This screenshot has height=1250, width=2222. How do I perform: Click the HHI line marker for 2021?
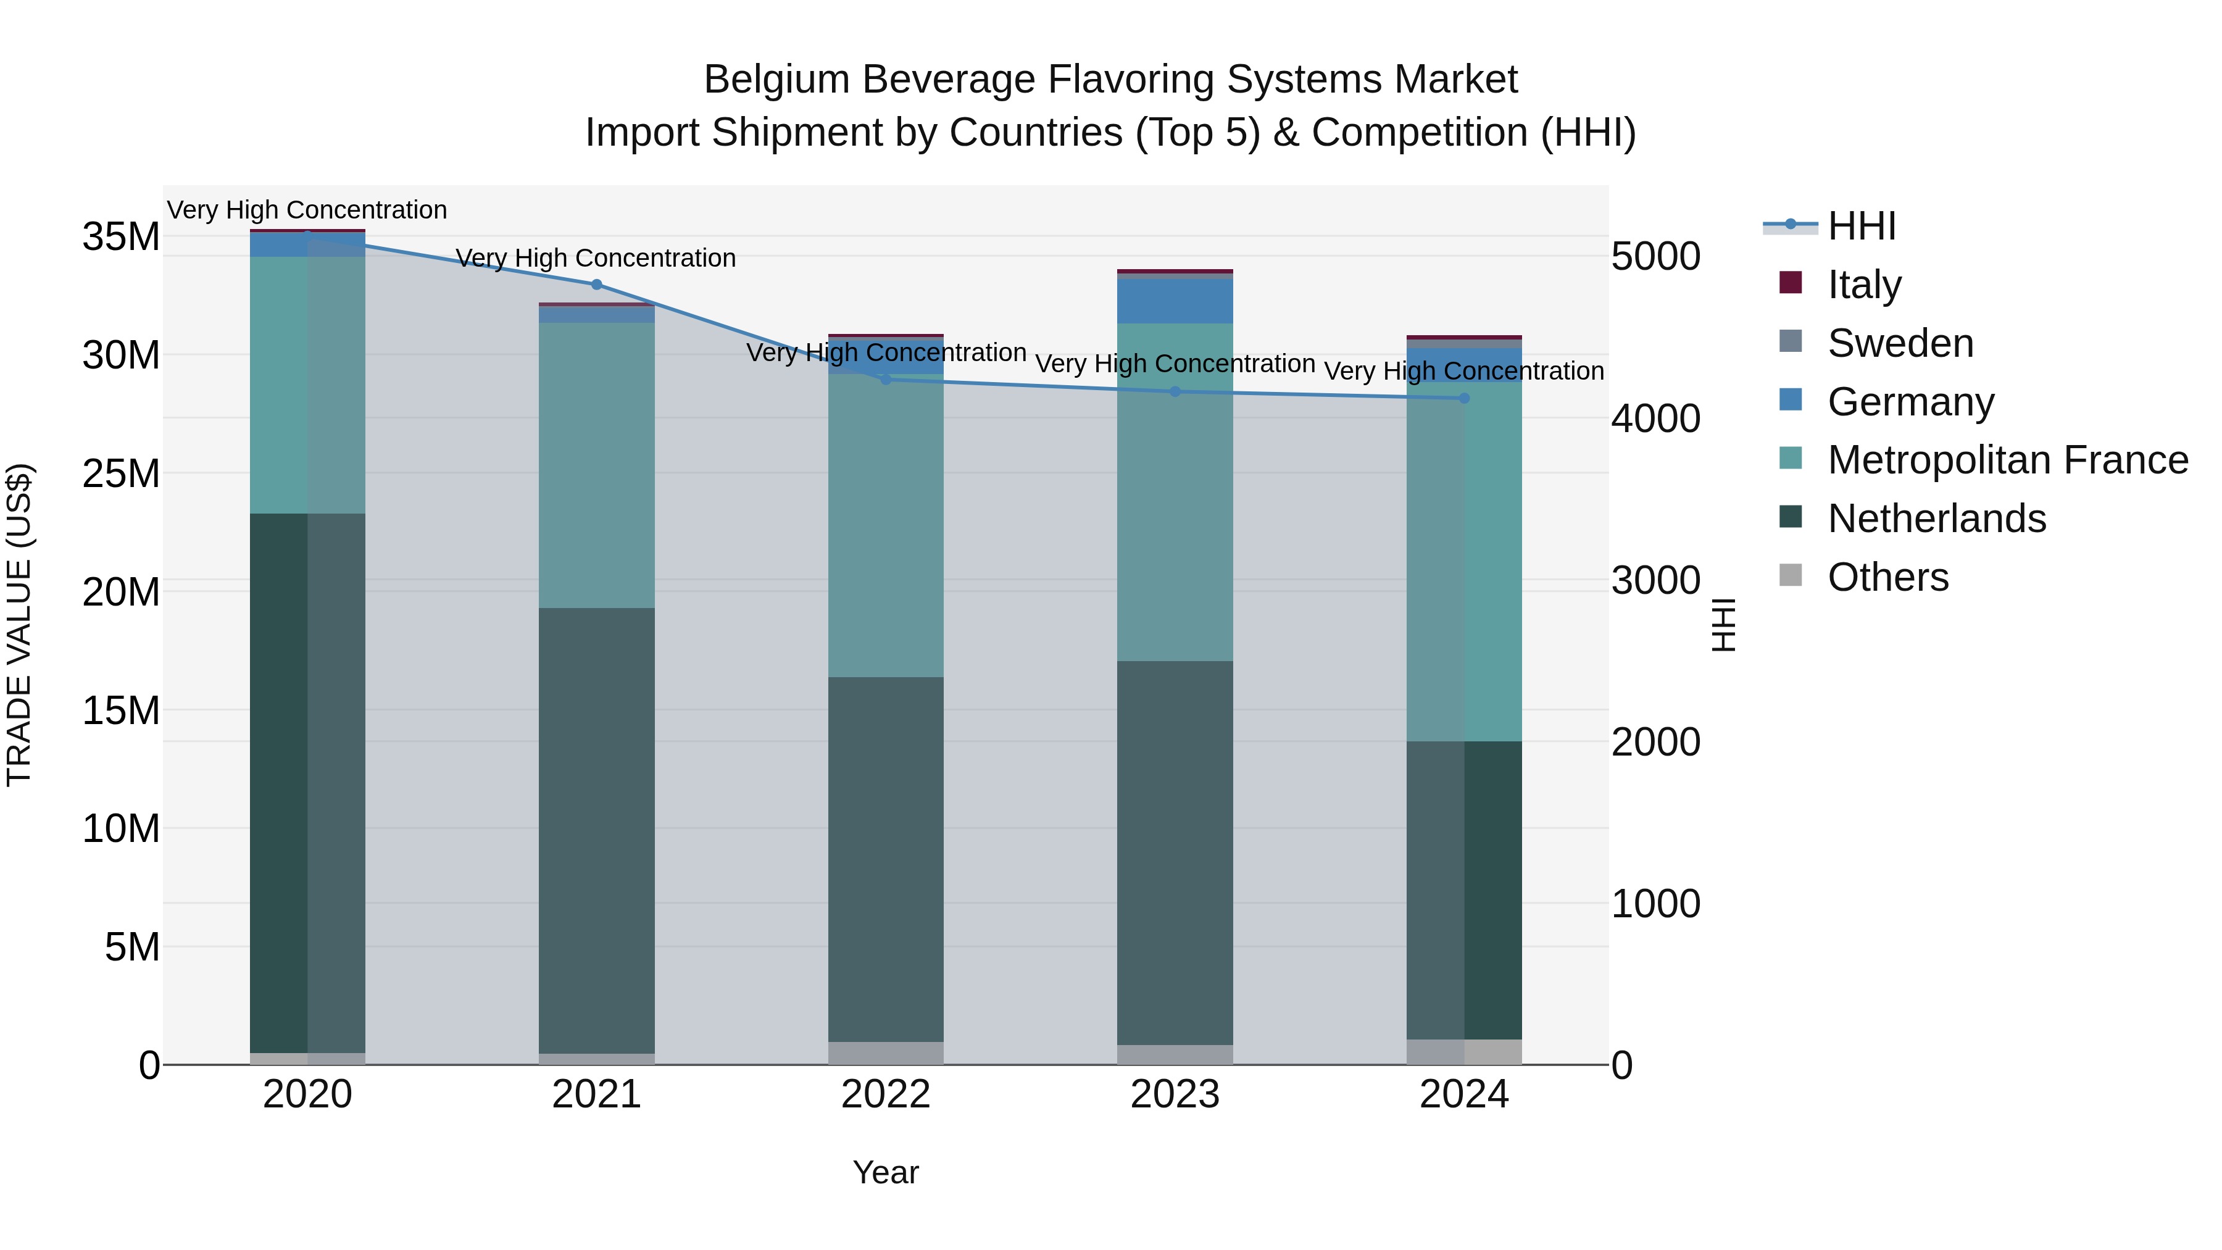tap(596, 285)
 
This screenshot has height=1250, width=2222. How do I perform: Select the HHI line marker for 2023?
tap(1175, 391)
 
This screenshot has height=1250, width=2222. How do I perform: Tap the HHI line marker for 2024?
tap(1464, 399)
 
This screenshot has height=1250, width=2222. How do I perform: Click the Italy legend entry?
tap(1863, 285)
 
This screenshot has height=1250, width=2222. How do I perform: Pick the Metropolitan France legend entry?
tap(2007, 460)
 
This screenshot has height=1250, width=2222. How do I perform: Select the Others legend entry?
tap(1887, 577)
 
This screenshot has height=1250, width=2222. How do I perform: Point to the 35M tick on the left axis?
tap(121, 237)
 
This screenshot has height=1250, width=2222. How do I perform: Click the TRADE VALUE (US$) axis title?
tap(19, 625)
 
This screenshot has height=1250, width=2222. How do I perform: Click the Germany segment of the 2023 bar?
tap(1175, 300)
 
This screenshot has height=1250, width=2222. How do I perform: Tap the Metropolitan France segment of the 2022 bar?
tap(885, 526)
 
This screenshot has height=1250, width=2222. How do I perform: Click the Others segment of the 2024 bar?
tap(1464, 1052)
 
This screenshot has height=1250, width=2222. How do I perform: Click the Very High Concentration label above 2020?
tap(307, 210)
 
